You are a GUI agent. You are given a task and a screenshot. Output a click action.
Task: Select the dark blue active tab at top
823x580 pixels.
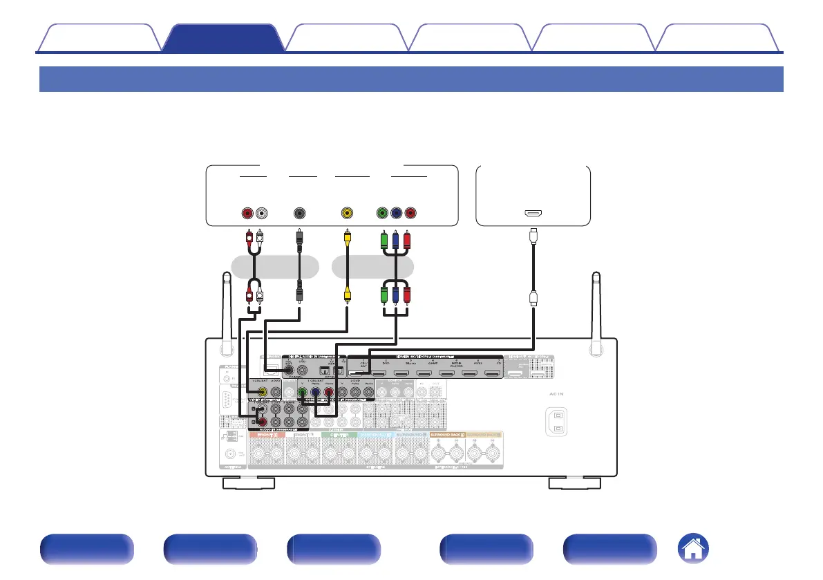coord(223,38)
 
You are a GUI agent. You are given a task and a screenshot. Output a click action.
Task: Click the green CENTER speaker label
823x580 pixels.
coord(338,434)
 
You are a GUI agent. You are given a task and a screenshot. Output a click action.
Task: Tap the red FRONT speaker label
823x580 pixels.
coord(266,434)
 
